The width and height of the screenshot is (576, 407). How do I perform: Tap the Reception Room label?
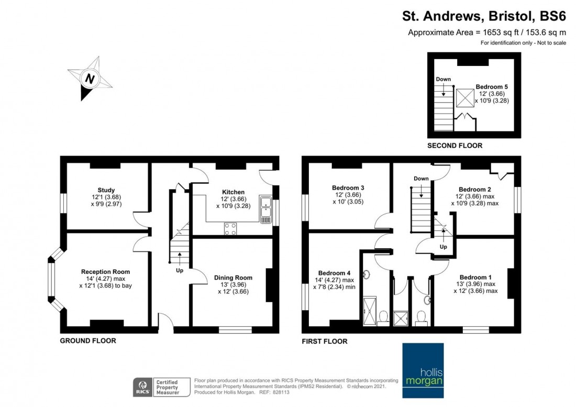[105, 271]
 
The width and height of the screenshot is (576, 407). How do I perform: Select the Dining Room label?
[233, 278]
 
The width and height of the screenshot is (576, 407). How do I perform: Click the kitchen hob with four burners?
[230, 228]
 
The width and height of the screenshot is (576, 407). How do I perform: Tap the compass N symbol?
[90, 79]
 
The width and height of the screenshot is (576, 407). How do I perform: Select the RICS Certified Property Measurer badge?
[157, 387]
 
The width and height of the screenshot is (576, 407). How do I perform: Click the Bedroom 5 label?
[491, 87]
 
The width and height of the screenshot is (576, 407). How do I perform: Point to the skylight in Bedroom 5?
[463, 98]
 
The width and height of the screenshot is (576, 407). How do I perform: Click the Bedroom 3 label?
[348, 188]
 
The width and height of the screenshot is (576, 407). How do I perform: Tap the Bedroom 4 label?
[334, 273]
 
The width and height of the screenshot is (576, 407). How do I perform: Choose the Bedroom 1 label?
[475, 277]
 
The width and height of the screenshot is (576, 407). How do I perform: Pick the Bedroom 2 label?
[474, 190]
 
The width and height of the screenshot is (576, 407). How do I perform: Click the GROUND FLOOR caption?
[88, 341]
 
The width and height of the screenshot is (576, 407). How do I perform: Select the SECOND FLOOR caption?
[455, 146]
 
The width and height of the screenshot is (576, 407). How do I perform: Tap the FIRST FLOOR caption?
[324, 342]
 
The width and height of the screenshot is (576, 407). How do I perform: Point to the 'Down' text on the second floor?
[443, 79]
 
